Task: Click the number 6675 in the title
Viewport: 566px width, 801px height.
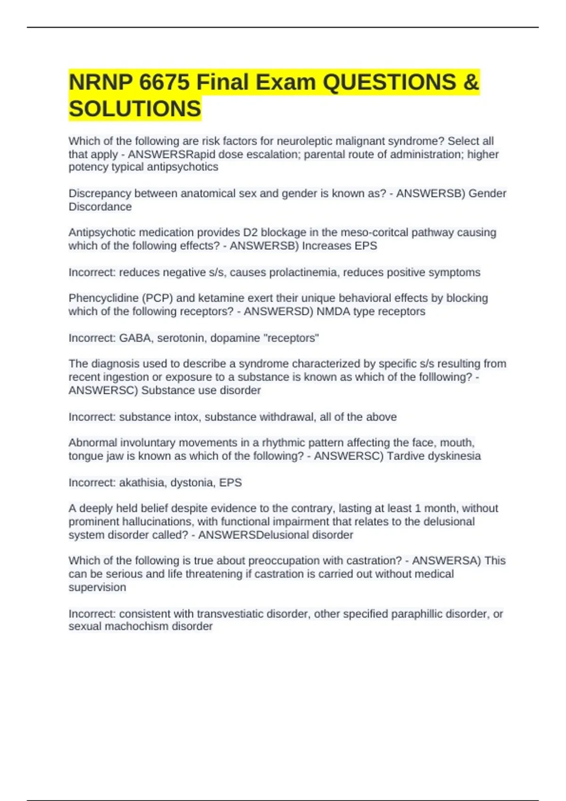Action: click(x=165, y=82)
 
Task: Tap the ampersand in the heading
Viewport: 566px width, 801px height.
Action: click(x=471, y=82)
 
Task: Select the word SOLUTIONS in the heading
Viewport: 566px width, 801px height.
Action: click(x=135, y=109)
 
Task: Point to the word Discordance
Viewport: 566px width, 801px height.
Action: click(x=100, y=206)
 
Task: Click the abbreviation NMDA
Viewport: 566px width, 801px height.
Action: click(x=333, y=311)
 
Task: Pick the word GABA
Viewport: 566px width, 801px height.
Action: click(x=135, y=338)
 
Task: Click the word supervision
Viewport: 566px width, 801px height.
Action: click(x=97, y=587)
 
